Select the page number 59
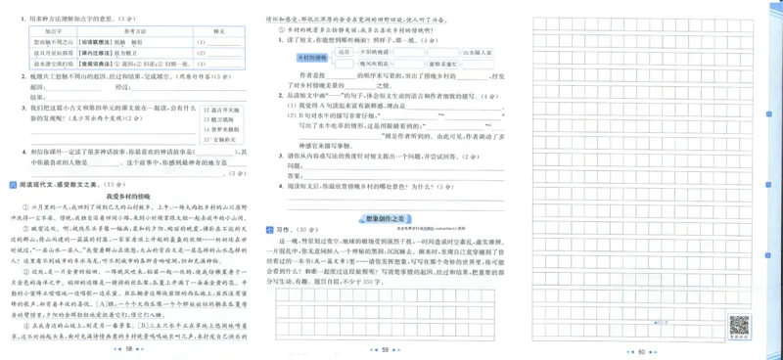click(x=385, y=349)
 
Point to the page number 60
click(x=641, y=350)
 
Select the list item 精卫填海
click(x=221, y=119)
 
